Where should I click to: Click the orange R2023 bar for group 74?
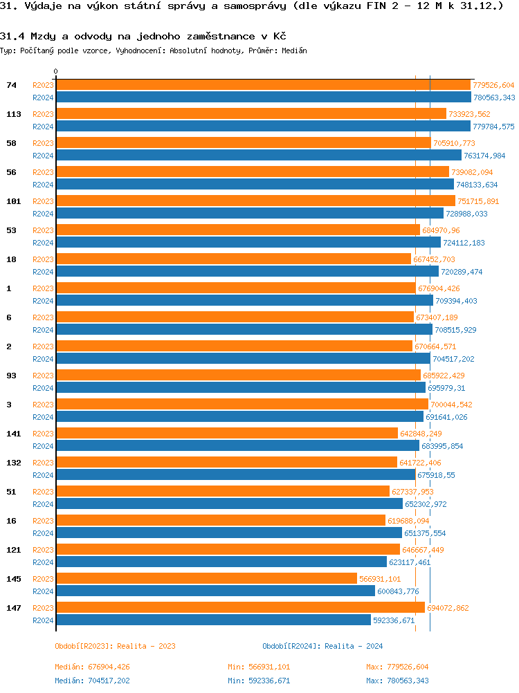[x=263, y=85]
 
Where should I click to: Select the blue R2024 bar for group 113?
[x=263, y=127]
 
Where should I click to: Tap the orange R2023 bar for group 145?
[x=206, y=579]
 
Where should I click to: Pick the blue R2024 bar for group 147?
[x=213, y=620]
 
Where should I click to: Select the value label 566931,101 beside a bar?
[x=380, y=579]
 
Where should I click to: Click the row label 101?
[x=13, y=201]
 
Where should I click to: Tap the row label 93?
[x=11, y=376]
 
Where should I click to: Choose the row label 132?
[x=13, y=463]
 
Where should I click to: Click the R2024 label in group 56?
[x=43, y=185]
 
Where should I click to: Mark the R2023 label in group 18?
[x=43, y=259]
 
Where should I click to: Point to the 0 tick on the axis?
[x=56, y=72]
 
